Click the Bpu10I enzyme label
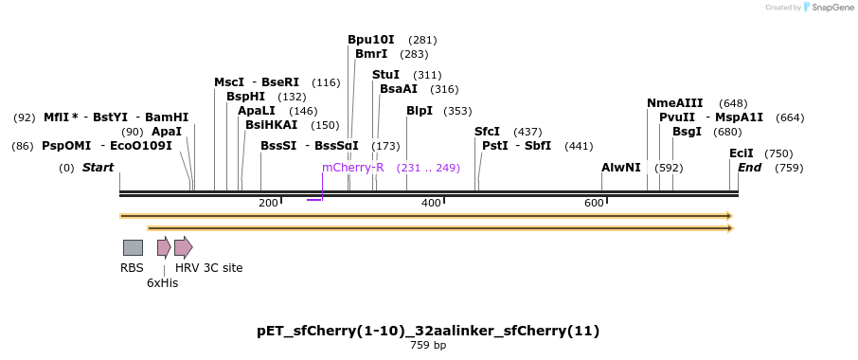[x=371, y=40]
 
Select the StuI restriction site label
[x=385, y=75]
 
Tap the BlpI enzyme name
[x=419, y=111]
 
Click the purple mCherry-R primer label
[x=352, y=168]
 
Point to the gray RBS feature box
[x=133, y=247]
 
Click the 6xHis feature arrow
[x=164, y=247]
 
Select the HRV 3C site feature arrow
[x=183, y=247]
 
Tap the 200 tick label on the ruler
[x=268, y=203]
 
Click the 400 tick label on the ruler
[x=431, y=203]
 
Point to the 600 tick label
[x=594, y=203]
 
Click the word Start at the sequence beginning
[x=98, y=168]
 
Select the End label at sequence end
[x=749, y=168]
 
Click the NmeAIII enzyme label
[x=674, y=103]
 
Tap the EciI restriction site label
[x=742, y=153]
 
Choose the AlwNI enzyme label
[x=621, y=168]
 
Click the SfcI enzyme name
[x=487, y=132]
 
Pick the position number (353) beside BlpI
[x=457, y=111]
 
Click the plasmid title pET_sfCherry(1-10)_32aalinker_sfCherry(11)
[x=428, y=331]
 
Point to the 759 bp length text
[x=428, y=346]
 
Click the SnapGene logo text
[x=826, y=8]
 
